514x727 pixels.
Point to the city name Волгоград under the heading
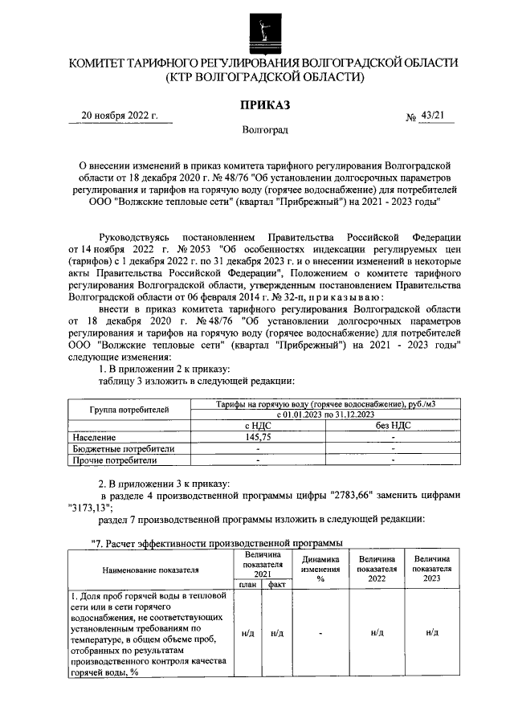coord(264,129)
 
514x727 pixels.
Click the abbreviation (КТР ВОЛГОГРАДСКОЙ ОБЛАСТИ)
coord(264,78)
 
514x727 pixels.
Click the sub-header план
coord(245,586)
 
